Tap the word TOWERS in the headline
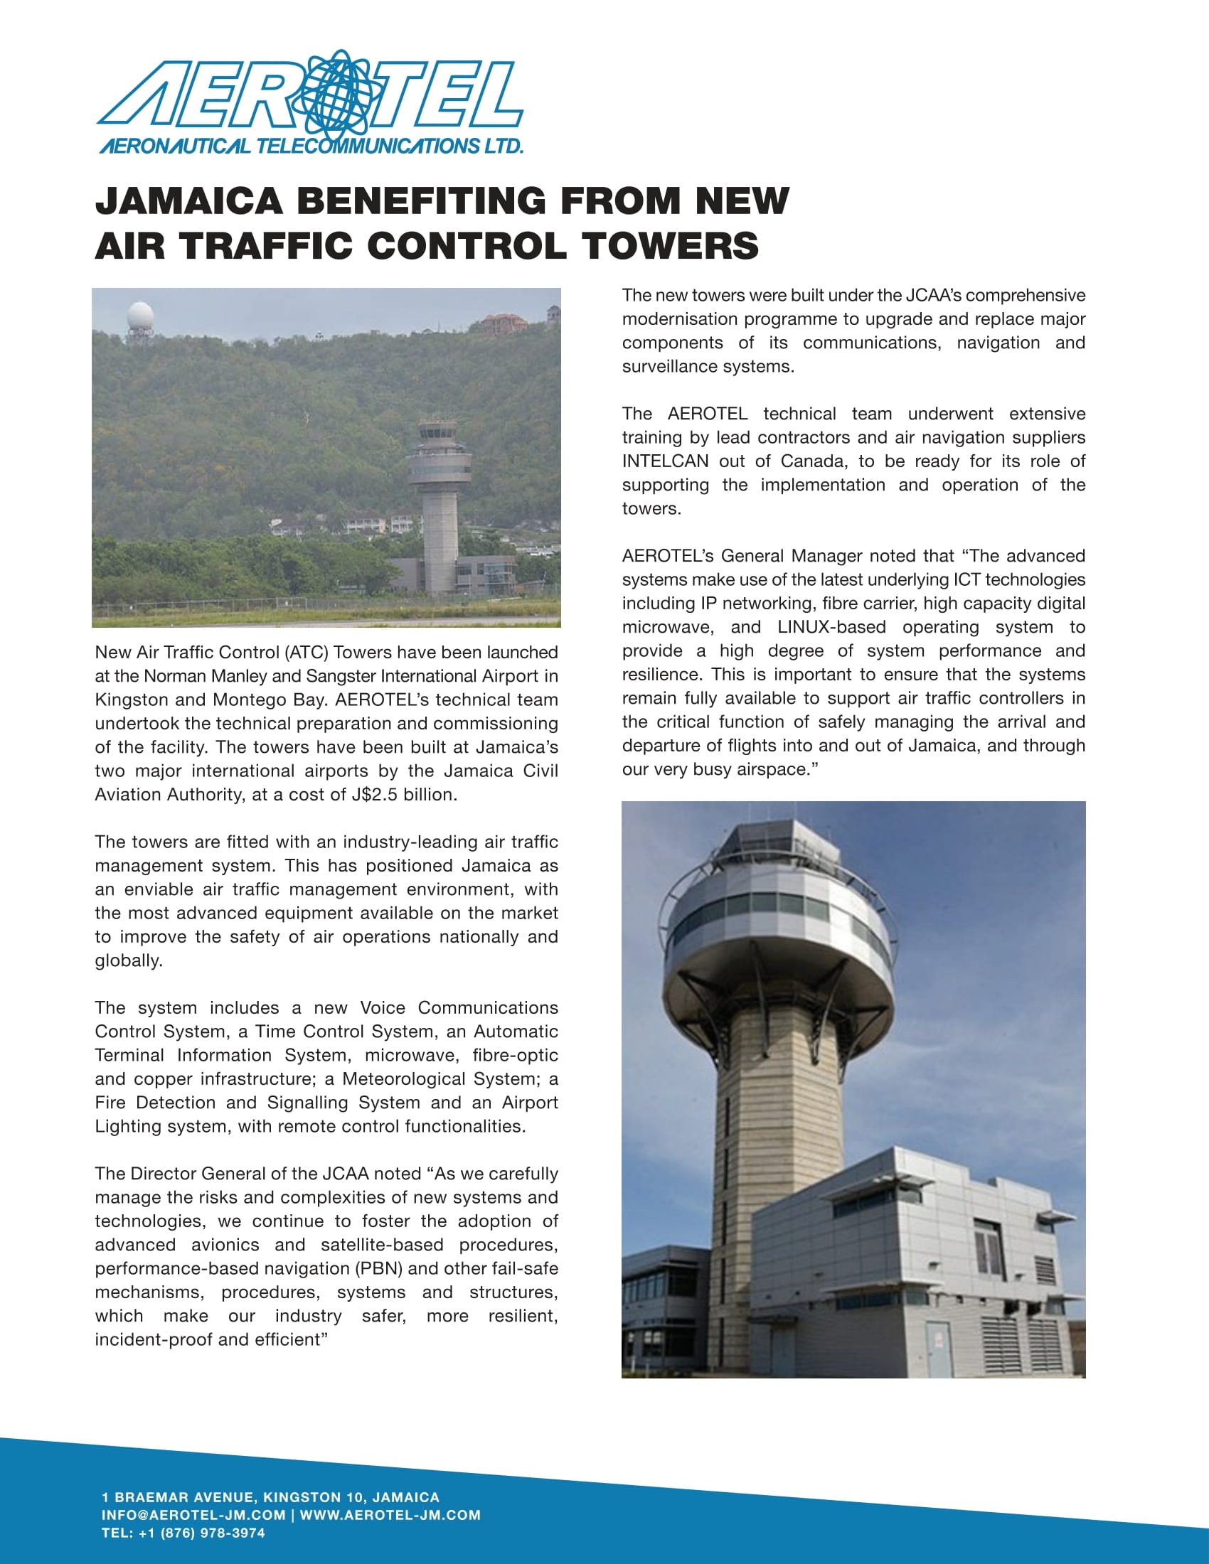(x=670, y=246)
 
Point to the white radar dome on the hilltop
(x=139, y=316)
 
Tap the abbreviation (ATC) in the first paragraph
(x=306, y=653)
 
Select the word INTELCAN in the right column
(x=665, y=461)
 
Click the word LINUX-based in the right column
(x=831, y=627)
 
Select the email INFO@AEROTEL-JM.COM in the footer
(x=193, y=1516)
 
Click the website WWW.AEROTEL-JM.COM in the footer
(x=390, y=1516)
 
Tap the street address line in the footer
(x=271, y=1497)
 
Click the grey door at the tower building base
(x=937, y=1349)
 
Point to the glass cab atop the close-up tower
(x=765, y=845)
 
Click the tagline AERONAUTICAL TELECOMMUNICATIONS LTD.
(x=311, y=147)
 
